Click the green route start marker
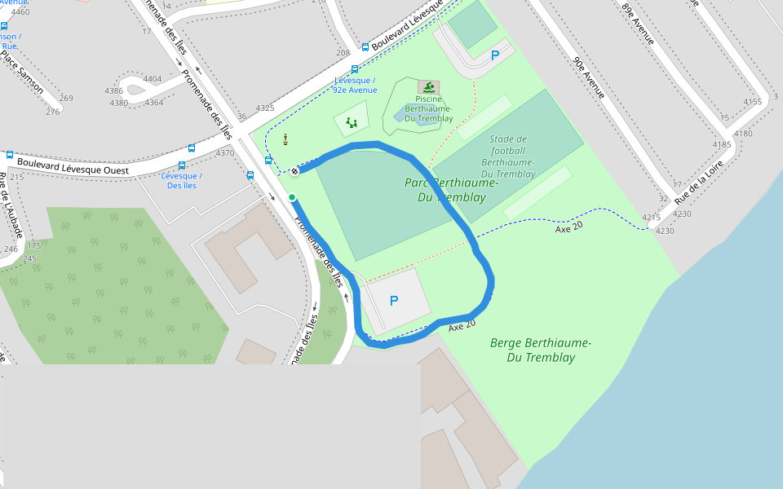[x=292, y=197]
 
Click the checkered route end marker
[x=294, y=171]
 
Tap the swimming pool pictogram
[x=427, y=86]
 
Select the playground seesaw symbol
[x=352, y=123]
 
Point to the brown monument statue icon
[x=285, y=140]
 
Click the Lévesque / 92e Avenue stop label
[x=355, y=85]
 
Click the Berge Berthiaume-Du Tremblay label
[x=541, y=350]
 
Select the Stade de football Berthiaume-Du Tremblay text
[x=508, y=156]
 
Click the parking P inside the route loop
[x=394, y=301]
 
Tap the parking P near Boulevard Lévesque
[x=494, y=55]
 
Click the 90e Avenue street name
[x=588, y=77]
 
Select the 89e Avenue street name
[x=638, y=23]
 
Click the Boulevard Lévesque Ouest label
[x=73, y=166]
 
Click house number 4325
[x=265, y=108]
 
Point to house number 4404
[x=153, y=79]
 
